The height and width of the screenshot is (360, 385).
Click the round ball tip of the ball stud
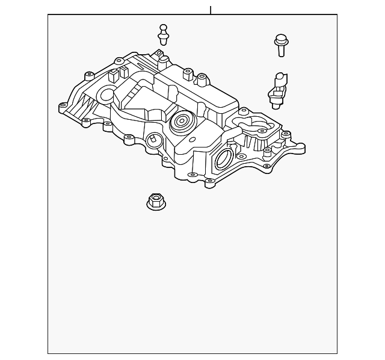(x=163, y=28)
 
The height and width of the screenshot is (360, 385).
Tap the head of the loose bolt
(x=280, y=40)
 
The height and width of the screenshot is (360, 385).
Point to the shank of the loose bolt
(x=281, y=51)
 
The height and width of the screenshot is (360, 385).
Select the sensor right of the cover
(x=277, y=90)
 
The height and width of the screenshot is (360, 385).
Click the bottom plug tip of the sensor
(x=276, y=105)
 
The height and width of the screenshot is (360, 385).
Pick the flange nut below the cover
(x=156, y=201)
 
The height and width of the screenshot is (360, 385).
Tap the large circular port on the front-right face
(x=223, y=159)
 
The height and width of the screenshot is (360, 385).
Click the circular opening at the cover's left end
(x=107, y=94)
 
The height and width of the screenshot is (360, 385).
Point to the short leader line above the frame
(x=211, y=10)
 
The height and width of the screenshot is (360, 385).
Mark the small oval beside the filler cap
(x=192, y=140)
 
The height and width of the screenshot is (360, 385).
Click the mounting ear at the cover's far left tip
(x=63, y=107)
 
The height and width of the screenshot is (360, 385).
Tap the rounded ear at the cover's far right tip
(x=299, y=146)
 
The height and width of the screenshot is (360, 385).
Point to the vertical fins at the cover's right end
(x=253, y=143)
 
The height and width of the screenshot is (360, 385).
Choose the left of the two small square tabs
(x=112, y=75)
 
